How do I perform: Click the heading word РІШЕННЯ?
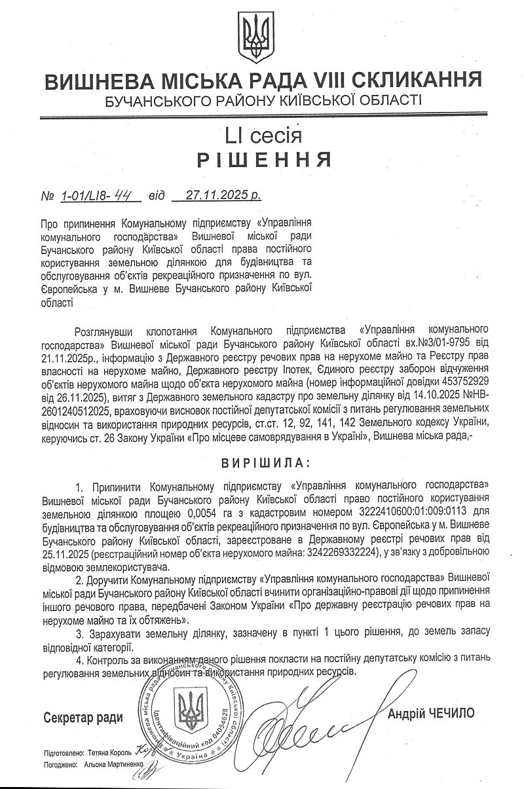pyautogui.click(x=261, y=160)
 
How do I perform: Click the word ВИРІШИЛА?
pyautogui.click(x=262, y=464)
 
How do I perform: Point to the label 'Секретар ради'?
pyautogui.click(x=83, y=718)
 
